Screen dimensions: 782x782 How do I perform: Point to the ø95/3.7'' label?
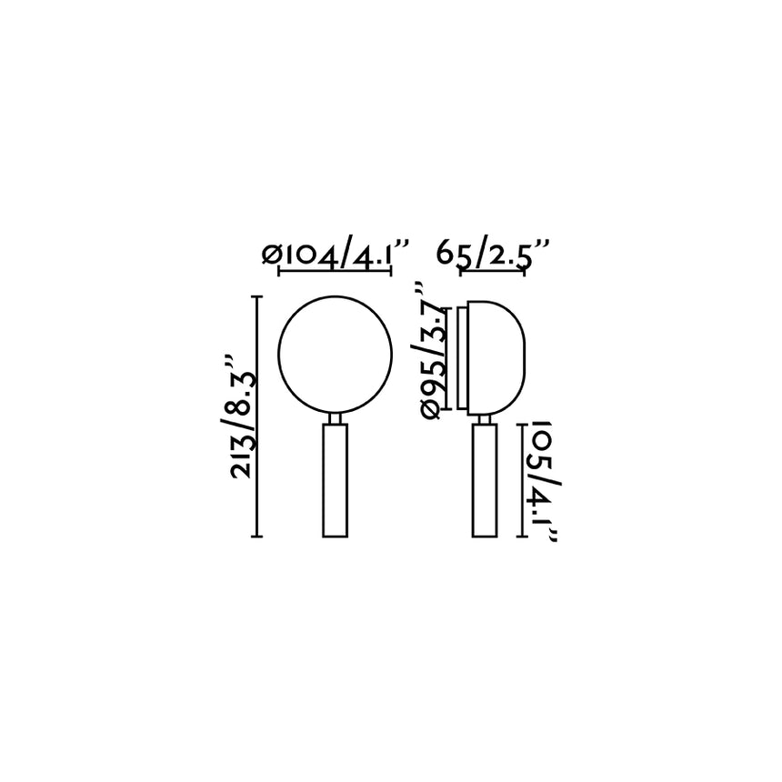tap(435, 349)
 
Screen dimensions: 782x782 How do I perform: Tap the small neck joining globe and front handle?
tap(335, 418)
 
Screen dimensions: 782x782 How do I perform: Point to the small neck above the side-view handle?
tap(485, 418)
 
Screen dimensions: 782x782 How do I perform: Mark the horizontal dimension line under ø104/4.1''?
tap(335, 270)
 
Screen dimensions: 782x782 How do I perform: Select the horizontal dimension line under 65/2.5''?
tap(495, 270)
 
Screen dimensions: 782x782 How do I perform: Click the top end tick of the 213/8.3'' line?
tap(257, 297)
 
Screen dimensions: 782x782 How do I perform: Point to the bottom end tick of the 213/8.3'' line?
tap(257, 536)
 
